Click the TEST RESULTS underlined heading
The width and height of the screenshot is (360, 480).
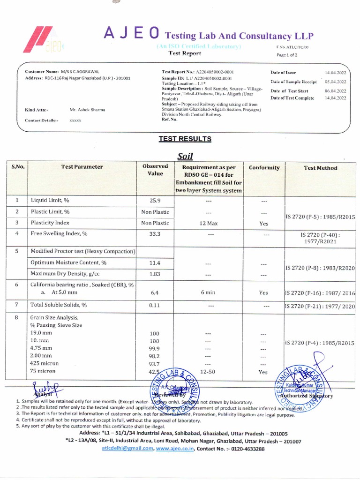click(x=185, y=139)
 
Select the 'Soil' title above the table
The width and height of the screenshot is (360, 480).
click(x=185, y=156)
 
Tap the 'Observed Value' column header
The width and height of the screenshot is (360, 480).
click(x=155, y=170)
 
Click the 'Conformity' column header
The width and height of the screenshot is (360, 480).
click(x=264, y=167)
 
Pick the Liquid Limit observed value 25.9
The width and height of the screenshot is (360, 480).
click(x=155, y=201)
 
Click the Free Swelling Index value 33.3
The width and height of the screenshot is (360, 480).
click(x=155, y=233)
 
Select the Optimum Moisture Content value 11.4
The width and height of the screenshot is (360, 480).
click(x=155, y=262)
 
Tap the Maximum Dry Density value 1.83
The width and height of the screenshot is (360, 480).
click(x=155, y=274)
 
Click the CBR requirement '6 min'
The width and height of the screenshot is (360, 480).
click(x=208, y=292)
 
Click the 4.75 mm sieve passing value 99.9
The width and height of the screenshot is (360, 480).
click(x=154, y=348)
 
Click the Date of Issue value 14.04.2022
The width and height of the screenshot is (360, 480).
click(x=336, y=73)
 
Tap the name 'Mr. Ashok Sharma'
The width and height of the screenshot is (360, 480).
click(x=87, y=110)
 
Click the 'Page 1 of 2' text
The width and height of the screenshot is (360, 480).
click(x=287, y=55)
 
